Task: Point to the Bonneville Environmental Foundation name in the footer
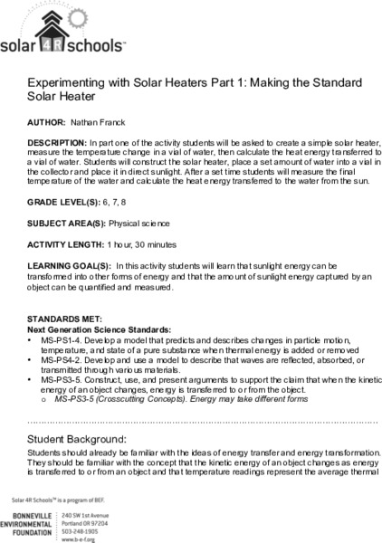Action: (33, 526)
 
